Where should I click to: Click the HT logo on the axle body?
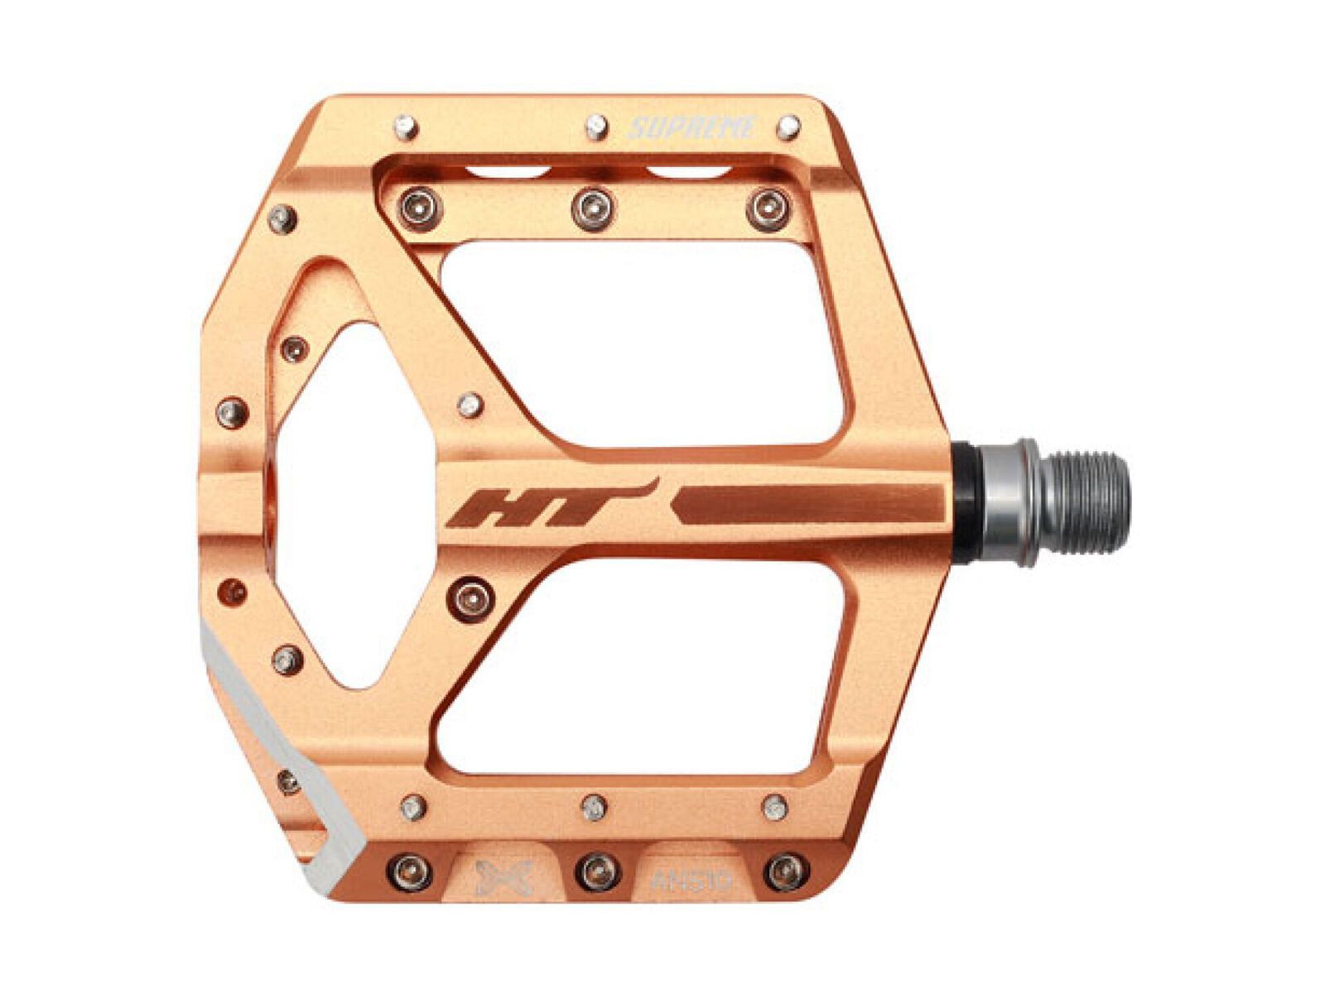tap(547, 506)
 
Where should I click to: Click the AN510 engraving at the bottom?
tap(691, 880)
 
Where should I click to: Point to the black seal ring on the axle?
tap(966, 502)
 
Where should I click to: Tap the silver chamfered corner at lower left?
tap(273, 745)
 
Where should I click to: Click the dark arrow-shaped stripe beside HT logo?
tap(807, 504)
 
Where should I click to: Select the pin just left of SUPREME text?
tap(596, 127)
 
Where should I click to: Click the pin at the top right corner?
tap(788, 127)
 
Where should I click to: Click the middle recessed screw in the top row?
tap(593, 207)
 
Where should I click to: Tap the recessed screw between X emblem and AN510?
tap(597, 871)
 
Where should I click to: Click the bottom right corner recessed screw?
tap(785, 871)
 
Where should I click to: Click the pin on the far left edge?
tap(232, 412)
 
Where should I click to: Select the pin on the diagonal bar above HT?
tap(470, 405)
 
